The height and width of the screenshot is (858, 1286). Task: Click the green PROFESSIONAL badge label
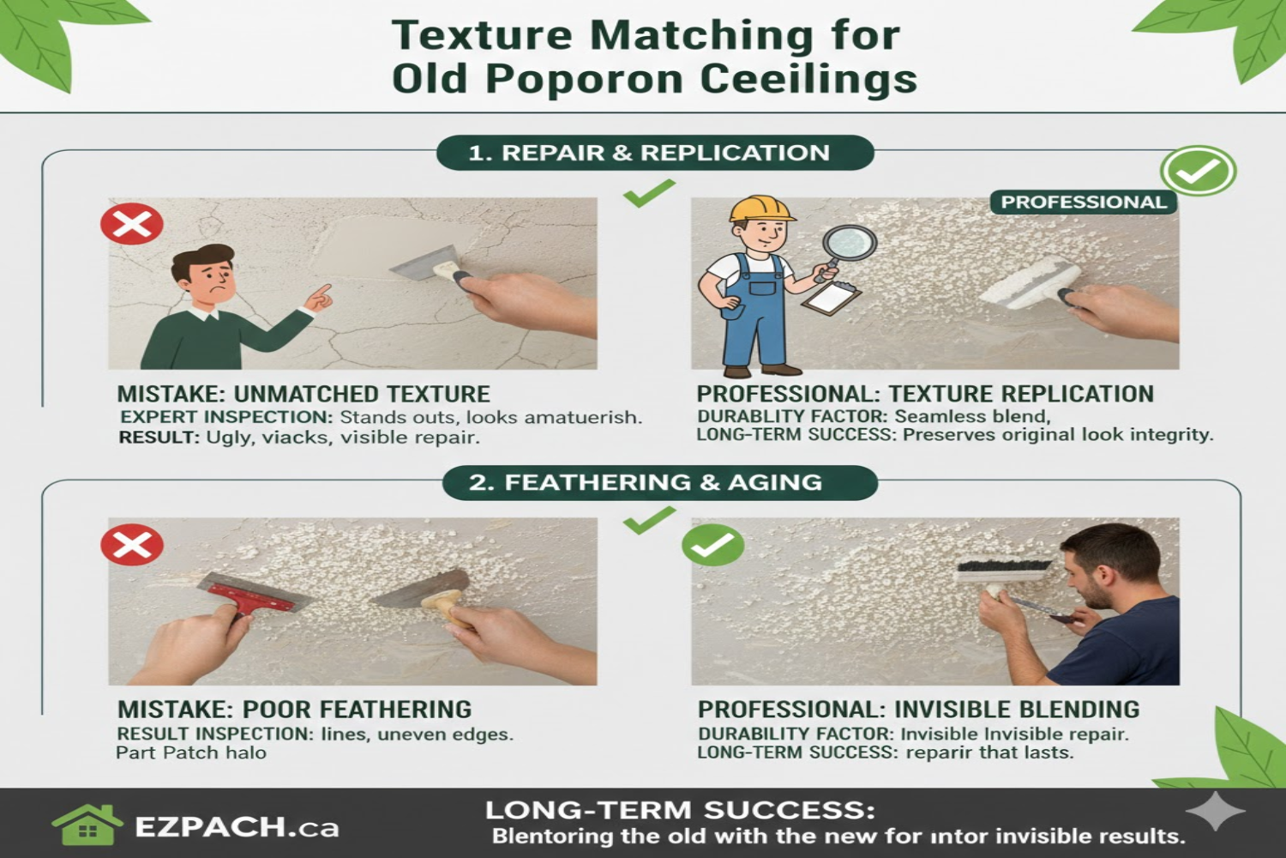pos(1084,202)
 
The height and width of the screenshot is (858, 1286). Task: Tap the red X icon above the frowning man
pos(132,224)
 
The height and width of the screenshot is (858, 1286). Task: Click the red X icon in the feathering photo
pos(132,545)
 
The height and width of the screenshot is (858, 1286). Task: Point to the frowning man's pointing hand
pos(320,297)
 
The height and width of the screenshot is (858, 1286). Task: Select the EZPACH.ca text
pos(237,827)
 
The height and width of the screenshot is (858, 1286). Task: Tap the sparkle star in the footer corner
pos(1215,812)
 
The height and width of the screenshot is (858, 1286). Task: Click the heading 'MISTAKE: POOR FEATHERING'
pos(294,710)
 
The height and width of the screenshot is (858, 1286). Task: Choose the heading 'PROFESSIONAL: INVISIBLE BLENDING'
pos(918,710)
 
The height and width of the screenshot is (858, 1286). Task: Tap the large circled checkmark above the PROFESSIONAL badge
pos(1198,171)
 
